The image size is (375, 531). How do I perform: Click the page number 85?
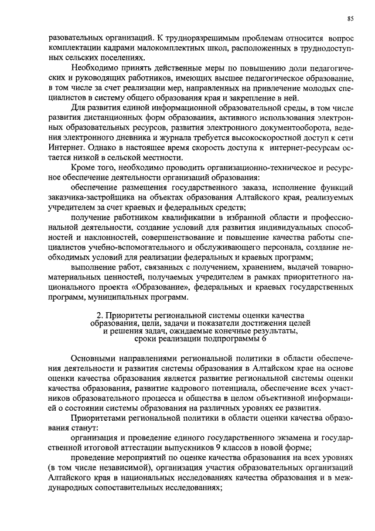350,18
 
